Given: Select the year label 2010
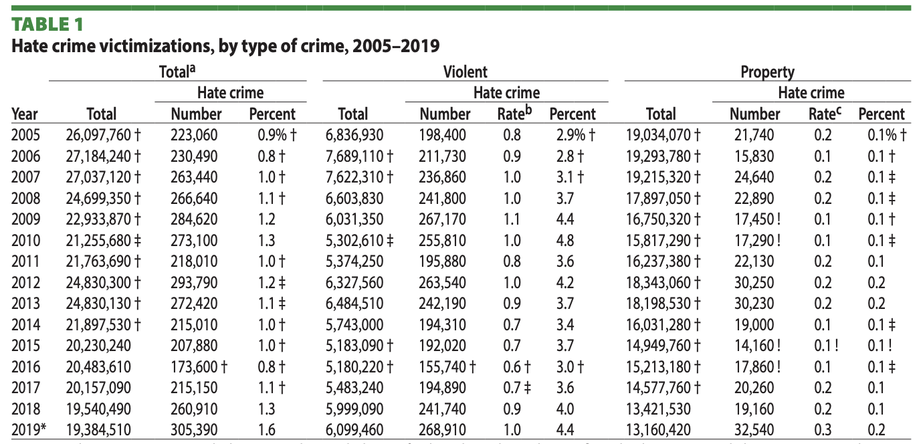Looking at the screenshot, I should point(25,240).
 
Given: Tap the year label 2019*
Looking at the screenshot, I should point(28,430).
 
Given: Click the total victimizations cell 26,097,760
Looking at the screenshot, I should point(99,135).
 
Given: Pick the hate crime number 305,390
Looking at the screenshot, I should point(194,430).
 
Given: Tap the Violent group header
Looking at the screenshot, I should point(465,72).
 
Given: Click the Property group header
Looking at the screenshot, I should point(767,72).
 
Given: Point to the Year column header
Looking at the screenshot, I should point(25,114).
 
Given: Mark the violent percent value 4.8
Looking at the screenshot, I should point(565,240).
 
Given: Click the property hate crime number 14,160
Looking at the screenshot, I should point(752,346).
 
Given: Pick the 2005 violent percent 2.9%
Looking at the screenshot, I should point(569,135).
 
